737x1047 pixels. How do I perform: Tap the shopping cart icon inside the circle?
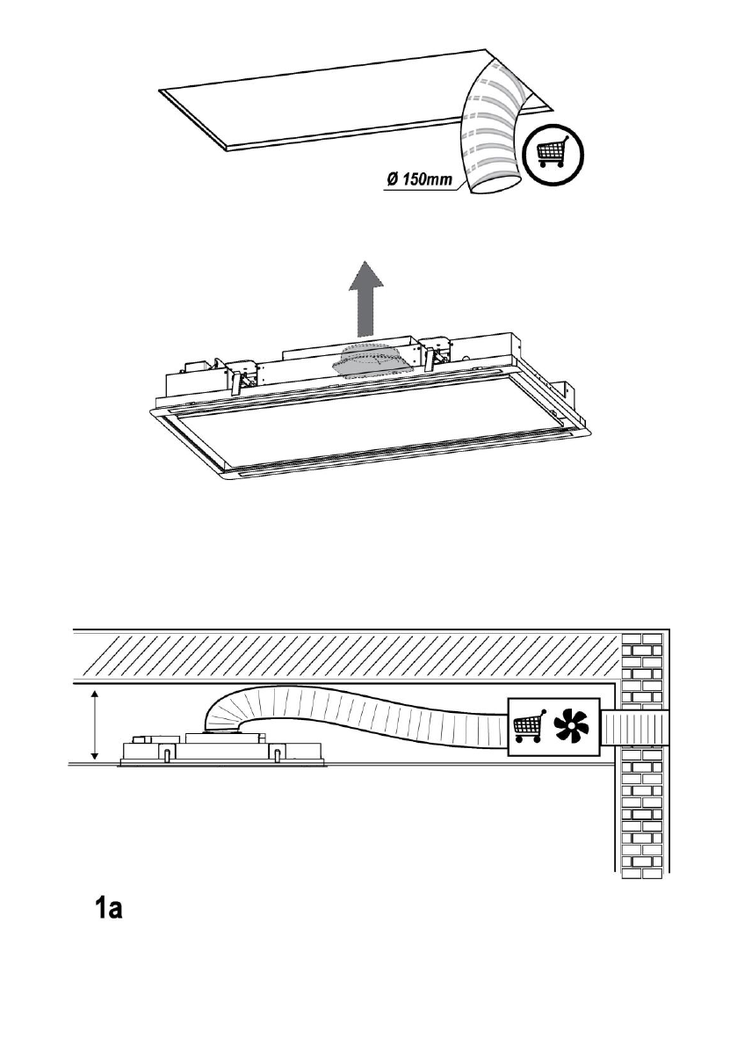pos(551,152)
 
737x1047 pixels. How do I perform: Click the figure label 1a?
pos(112,910)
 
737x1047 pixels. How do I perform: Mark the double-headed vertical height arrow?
pos(95,725)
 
